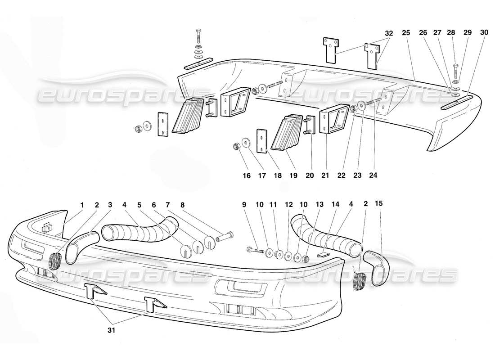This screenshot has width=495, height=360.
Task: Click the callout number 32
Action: click(389, 33)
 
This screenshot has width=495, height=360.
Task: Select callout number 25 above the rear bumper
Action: click(406, 33)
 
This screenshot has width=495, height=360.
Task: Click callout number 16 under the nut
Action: click(247, 176)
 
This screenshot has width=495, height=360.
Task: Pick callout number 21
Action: click(325, 176)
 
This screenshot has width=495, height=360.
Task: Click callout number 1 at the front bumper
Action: click(82, 204)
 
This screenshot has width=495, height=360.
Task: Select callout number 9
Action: click(244, 204)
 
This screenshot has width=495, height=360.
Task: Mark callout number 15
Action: click(379, 204)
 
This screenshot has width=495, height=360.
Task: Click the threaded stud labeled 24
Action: click(374, 102)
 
